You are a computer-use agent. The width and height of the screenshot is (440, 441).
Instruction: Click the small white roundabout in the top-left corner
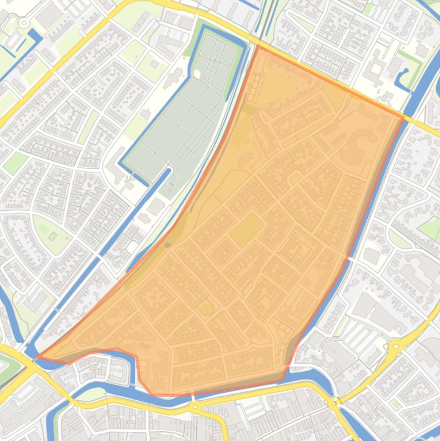[24, 23]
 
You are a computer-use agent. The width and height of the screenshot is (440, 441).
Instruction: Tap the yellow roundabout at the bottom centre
[195, 407]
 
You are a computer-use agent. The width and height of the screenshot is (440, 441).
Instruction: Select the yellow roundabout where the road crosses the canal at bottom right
[335, 403]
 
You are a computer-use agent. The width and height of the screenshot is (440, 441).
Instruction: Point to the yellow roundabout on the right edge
[395, 346]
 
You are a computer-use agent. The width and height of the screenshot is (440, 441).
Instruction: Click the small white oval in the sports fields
[197, 74]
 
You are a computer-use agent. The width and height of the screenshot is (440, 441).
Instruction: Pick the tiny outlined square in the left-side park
[53, 236]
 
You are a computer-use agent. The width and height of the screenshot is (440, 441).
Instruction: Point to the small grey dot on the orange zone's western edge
[168, 245]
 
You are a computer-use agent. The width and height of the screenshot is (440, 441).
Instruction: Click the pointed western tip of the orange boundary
[38, 357]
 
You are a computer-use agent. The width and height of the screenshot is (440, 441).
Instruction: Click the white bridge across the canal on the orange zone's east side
[347, 258]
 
